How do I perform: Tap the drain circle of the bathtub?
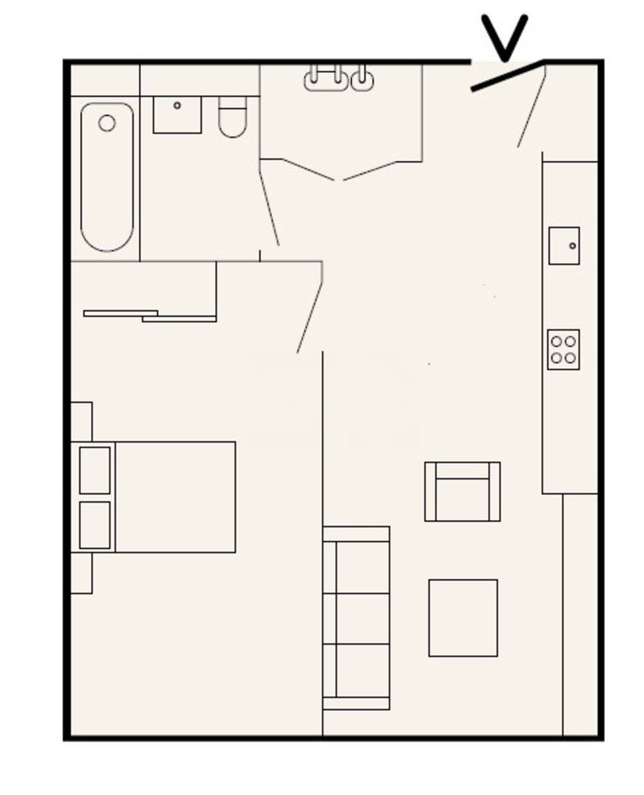107,123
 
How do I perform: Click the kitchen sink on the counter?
563,246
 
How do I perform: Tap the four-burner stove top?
563,349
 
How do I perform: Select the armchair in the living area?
462,492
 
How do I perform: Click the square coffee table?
463,618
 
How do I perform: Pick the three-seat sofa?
356,618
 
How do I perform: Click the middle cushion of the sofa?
362,618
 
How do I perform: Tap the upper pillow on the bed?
95,470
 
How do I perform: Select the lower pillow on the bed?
95,525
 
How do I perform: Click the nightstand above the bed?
81,421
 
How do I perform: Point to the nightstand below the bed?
81,573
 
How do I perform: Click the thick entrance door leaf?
507,76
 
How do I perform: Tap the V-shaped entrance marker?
504,36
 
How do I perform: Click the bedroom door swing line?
310,317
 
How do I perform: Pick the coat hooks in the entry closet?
338,79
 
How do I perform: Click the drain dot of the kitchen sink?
573,246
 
